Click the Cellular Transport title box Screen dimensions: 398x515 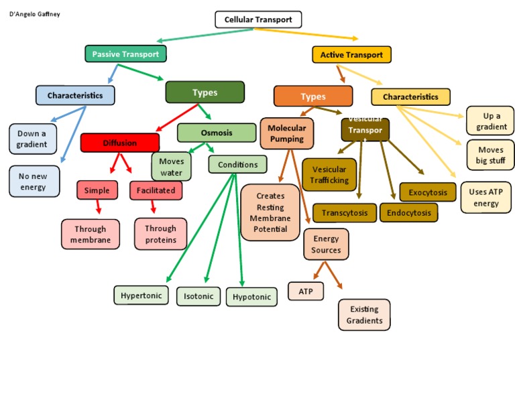click(x=258, y=19)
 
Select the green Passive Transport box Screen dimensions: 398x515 click(x=125, y=54)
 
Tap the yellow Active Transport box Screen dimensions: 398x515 click(x=352, y=54)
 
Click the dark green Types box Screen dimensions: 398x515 click(x=205, y=92)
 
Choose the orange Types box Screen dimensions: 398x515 click(x=313, y=96)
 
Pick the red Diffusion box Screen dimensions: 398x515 click(x=120, y=143)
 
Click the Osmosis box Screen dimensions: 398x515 click(x=217, y=133)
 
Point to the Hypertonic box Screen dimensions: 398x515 click(x=141, y=295)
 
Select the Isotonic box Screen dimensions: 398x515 click(x=198, y=296)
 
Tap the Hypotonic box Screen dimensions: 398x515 click(x=251, y=297)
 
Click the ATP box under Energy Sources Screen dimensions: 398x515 click(x=306, y=291)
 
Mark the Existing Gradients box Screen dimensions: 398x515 click(x=364, y=314)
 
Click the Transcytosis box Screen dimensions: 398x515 click(x=344, y=213)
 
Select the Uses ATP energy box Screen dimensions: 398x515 click(x=486, y=198)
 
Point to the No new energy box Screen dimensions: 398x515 click(x=34, y=181)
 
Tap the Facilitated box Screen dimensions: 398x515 click(x=156, y=190)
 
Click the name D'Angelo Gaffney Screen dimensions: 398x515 click(x=35, y=14)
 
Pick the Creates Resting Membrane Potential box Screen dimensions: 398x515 click(x=270, y=212)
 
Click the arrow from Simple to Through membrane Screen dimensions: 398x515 click(x=97, y=209)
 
